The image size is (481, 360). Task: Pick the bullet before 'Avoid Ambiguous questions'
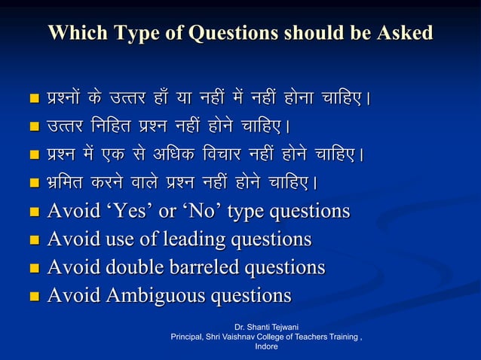point(33,296)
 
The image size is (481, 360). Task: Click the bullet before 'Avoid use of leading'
point(33,241)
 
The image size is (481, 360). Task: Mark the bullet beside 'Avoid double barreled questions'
point(33,269)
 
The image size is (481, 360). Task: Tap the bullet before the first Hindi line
point(33,99)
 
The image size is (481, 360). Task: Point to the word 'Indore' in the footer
point(267,347)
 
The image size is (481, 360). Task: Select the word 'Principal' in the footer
point(190,338)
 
